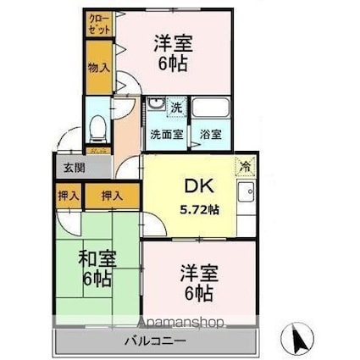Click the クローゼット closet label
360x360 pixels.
[x=99, y=25]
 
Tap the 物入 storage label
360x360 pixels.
[x=99, y=68]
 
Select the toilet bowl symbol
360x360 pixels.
[x=98, y=130]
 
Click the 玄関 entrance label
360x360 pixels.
[x=74, y=168]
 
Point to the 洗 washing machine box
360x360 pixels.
[x=177, y=107]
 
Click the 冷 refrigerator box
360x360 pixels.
[x=246, y=166]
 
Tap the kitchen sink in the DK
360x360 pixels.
[x=246, y=191]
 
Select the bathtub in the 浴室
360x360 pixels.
[x=210, y=108]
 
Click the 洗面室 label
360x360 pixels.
[x=167, y=134]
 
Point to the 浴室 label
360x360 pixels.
[x=211, y=134]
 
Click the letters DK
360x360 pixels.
[x=199, y=186]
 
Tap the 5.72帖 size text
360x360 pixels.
[x=200, y=209]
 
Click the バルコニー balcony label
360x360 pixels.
[x=156, y=341]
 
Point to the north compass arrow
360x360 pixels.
[x=297, y=339]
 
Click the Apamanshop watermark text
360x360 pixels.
[x=180, y=322]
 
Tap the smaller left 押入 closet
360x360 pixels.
[x=69, y=196]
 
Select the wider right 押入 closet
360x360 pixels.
[x=112, y=196]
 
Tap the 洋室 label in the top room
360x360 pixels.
[x=174, y=43]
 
